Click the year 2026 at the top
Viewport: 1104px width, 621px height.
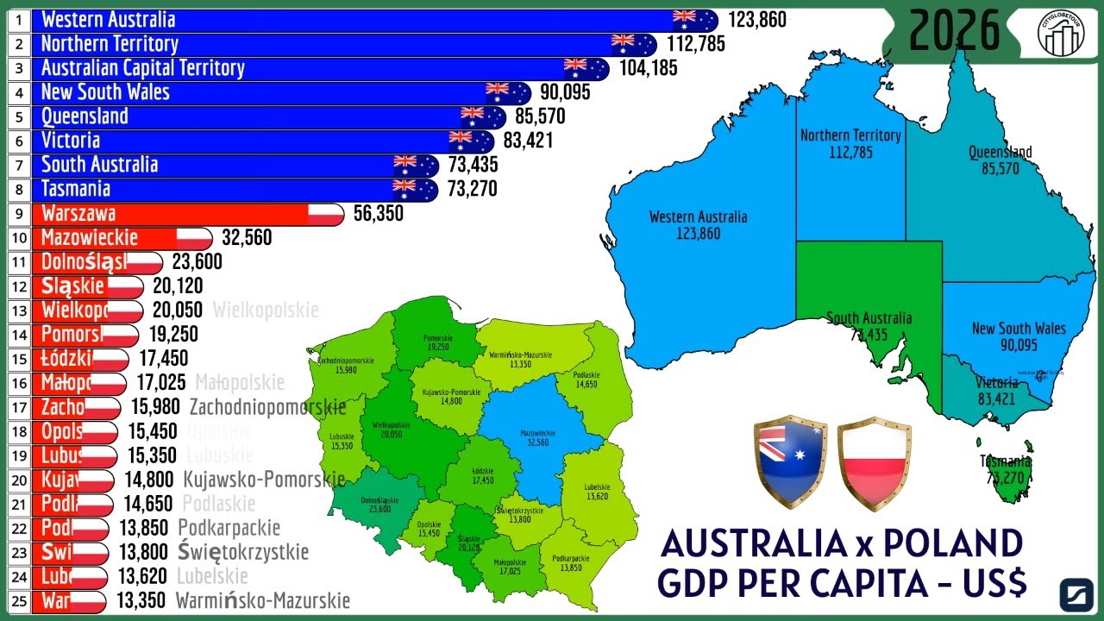tap(954, 32)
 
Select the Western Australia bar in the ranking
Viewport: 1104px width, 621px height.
tap(345, 20)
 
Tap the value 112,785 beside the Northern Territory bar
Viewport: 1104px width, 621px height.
tap(695, 44)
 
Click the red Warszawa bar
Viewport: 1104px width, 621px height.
tap(172, 214)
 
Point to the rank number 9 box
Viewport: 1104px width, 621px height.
tap(18, 214)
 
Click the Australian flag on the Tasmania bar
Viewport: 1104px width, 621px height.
tap(405, 189)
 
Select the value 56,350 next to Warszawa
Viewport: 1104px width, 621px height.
tap(378, 214)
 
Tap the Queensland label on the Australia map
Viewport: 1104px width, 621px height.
tap(1000, 153)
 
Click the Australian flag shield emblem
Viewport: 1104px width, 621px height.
tap(790, 462)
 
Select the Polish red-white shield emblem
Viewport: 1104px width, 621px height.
tap(874, 462)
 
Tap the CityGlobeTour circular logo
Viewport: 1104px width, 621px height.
tap(1061, 33)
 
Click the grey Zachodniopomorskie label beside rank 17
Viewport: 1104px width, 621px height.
tap(267, 407)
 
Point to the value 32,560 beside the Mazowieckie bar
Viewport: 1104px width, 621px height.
tap(247, 238)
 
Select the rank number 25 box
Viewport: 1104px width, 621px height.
tap(18, 600)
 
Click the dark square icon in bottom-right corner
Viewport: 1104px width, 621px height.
tap(1076, 594)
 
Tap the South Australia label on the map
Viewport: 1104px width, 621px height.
tap(869, 318)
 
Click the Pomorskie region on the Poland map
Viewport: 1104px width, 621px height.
tap(437, 341)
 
